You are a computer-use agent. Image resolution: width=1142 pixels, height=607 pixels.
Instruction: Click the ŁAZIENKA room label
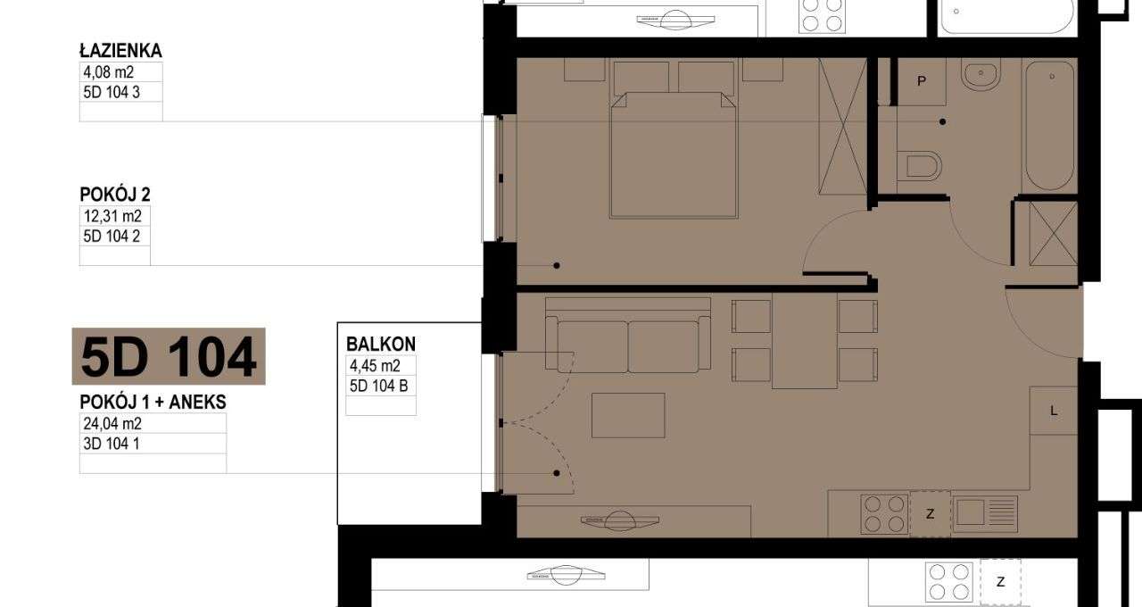(121, 52)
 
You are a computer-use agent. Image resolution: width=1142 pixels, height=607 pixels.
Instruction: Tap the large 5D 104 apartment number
(168, 356)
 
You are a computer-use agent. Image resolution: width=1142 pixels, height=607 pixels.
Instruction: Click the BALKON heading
(381, 345)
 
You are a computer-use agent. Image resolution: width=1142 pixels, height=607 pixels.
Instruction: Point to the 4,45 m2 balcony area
(374, 365)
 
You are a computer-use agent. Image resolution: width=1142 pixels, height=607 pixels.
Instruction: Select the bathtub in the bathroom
(1048, 125)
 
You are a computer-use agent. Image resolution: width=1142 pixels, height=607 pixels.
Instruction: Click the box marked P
(922, 81)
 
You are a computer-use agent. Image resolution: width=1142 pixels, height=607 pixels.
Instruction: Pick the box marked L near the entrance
(1054, 411)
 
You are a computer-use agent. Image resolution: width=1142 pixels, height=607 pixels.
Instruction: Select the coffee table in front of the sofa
(628, 416)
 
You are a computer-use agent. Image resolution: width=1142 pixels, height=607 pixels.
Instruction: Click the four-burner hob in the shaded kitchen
(883, 514)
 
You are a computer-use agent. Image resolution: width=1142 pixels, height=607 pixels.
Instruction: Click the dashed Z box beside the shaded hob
(930, 514)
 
